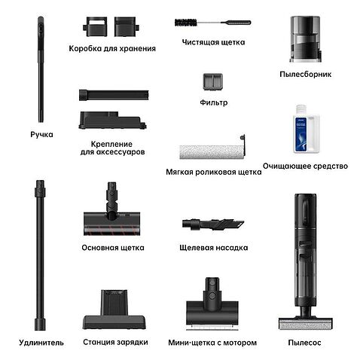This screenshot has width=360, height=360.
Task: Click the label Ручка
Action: tap(41, 135)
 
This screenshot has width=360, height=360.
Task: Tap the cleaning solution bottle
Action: tap(306, 129)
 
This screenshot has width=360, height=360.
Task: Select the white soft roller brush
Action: tap(212, 151)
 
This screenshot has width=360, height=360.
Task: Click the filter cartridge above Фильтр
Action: tap(213, 82)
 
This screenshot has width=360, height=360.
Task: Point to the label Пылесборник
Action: tap(305, 75)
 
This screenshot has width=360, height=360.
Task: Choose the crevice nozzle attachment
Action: tap(213, 224)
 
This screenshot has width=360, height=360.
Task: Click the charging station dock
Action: tap(114, 310)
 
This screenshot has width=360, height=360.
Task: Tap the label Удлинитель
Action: tap(41, 343)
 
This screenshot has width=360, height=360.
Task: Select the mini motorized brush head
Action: tap(212, 303)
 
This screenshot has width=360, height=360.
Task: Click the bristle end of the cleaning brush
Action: tap(186, 23)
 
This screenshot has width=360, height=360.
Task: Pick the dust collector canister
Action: tap(305, 39)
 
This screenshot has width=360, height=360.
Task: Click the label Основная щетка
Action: tap(113, 248)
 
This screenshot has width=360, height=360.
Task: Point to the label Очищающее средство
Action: tap(305, 166)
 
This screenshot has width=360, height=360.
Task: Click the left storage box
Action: tap(95, 26)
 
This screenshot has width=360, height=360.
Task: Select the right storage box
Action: tap(127, 26)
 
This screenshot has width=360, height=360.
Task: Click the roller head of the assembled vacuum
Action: tap(306, 323)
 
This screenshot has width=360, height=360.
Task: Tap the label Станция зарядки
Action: tap(115, 343)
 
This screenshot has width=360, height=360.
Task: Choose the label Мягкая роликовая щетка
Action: tap(214, 172)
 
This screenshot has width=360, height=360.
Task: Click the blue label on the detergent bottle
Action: tap(301, 134)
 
